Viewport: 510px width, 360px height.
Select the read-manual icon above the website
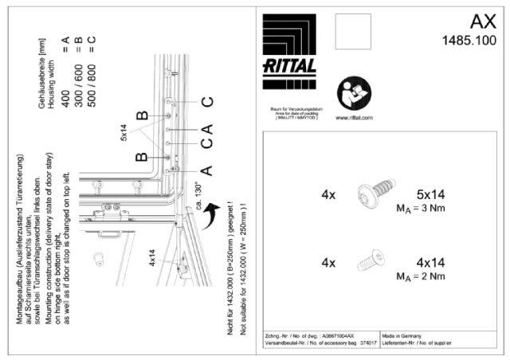349,92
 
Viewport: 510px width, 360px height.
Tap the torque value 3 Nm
437,209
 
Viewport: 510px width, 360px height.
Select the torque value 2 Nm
437,276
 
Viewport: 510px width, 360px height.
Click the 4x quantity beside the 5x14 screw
328,194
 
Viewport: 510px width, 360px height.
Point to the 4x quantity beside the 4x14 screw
328,261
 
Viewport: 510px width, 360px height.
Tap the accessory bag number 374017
367,344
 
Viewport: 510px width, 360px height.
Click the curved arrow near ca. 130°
212,213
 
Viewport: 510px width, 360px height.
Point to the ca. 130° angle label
198,195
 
